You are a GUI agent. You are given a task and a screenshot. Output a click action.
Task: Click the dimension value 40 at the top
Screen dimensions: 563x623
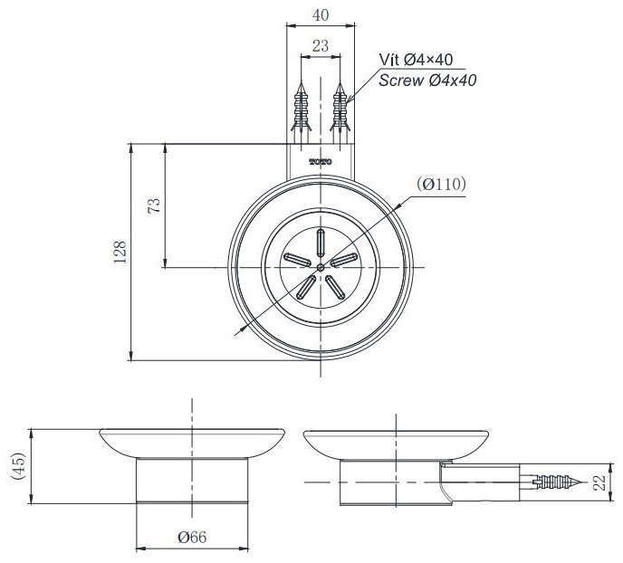coord(321,15)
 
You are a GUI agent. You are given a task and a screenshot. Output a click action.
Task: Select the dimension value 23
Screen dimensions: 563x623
coord(321,45)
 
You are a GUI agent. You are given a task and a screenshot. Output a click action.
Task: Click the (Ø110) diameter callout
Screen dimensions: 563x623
coord(441,185)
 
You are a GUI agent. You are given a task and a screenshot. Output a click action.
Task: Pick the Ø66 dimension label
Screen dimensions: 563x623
coord(192,537)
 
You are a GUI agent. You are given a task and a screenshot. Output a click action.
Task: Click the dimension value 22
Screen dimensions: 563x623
coord(599,482)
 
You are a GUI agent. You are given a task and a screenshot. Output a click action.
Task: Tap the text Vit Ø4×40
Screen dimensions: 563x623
coord(416,60)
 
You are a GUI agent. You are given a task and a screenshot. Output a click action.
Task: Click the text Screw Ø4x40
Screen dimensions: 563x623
coord(427,80)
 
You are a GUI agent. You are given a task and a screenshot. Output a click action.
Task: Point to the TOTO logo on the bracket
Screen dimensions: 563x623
coord(321,162)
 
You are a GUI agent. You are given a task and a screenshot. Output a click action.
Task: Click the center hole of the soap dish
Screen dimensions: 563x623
coord(321,268)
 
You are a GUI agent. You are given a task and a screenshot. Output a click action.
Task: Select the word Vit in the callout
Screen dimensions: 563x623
coord(389,60)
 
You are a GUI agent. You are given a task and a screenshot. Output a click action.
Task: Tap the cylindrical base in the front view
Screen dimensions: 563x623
coord(192,481)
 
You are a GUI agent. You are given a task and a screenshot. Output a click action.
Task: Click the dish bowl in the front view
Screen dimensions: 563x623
coord(192,443)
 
